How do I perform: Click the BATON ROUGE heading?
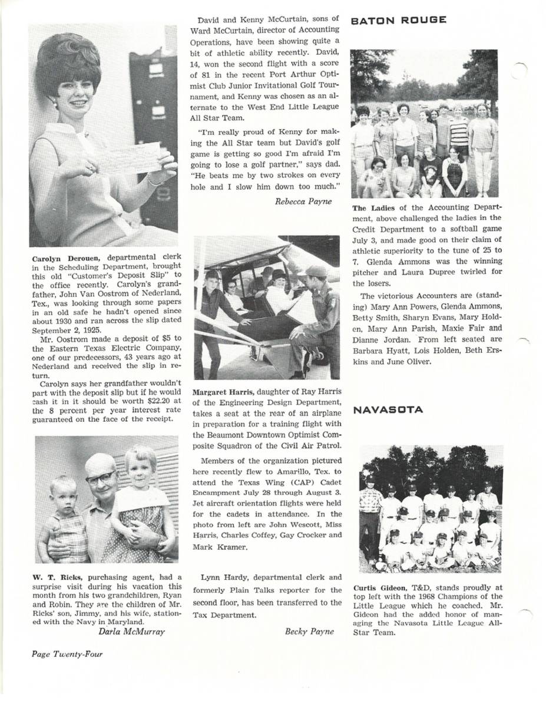pyautogui.click(x=398, y=20)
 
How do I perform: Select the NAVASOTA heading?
pyautogui.click(x=388, y=410)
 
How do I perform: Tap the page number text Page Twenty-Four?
pyautogui.click(x=67, y=653)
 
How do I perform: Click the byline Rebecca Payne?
pyautogui.click(x=303, y=201)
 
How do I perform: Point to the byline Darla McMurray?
pyautogui.click(x=131, y=632)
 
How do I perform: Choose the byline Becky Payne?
pyautogui.click(x=309, y=631)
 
